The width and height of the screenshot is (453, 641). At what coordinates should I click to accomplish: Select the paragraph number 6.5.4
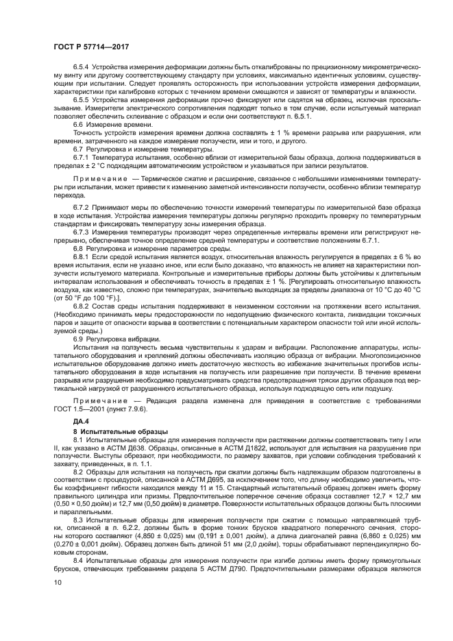pos(82,69)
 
